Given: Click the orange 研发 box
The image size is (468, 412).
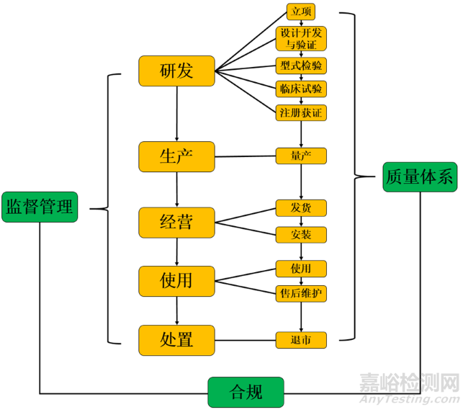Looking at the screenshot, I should point(176,71).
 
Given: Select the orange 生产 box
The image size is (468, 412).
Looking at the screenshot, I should point(176,156).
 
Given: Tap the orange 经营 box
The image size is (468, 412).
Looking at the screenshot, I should point(176,222).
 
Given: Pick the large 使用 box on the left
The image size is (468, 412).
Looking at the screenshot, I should point(176,280).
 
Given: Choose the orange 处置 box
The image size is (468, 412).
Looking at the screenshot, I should point(176,340).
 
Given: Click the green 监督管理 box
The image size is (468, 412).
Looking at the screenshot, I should point(40,207).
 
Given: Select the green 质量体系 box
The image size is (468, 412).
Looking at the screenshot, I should point(419,176).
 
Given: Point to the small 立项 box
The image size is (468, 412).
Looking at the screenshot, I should point(300,12).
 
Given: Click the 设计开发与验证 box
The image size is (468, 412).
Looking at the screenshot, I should point(300,40).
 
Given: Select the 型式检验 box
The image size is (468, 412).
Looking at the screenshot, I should point(300,66).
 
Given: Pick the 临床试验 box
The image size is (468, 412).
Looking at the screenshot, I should point(300,89).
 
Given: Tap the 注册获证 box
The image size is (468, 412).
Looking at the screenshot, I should point(300,112).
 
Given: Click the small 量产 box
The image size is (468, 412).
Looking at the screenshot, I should point(300,156).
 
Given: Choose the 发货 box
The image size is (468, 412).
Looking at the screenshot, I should point(300,208).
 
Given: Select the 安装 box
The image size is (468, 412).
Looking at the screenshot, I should point(300,235).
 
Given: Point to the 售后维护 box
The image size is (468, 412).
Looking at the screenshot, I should point(300,294).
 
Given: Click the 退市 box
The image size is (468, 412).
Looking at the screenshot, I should point(300,340).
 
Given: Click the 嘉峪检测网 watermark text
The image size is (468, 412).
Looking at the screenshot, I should point(410,382).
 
